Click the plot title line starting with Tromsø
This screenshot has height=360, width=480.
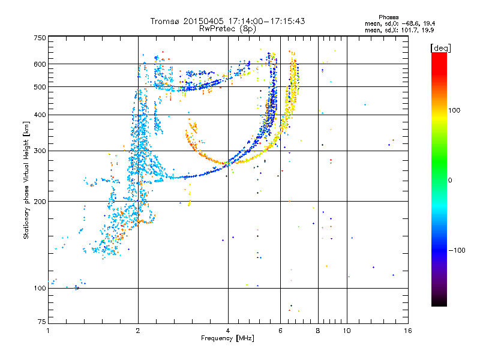pyautogui.click(x=227, y=21)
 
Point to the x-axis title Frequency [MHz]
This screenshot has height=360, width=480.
pyautogui.click(x=227, y=338)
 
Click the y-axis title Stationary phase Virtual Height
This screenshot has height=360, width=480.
pyautogui.click(x=26, y=180)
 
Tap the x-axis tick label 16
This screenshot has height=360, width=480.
pyautogui.click(x=407, y=331)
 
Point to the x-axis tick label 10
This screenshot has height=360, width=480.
pyautogui.click(x=346, y=331)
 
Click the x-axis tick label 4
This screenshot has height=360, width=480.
pyautogui.click(x=228, y=331)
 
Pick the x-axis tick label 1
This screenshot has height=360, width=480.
pyautogui.click(x=49, y=331)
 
